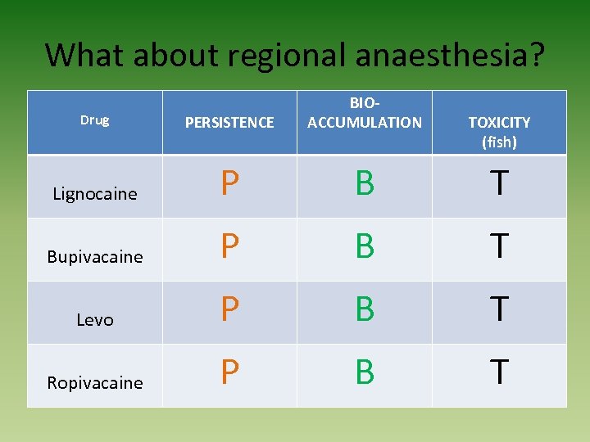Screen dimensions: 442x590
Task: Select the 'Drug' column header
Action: [94, 120]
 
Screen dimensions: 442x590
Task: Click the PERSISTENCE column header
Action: [229, 123]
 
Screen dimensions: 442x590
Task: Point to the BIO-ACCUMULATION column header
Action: [364, 114]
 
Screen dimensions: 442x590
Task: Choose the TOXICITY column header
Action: [499, 122]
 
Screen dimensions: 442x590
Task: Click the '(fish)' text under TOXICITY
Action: [499, 142]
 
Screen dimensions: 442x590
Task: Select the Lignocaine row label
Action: [95, 194]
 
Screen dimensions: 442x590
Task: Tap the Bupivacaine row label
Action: [95, 257]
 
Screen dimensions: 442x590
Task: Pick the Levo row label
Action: [95, 320]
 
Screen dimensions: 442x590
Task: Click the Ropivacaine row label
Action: [95, 383]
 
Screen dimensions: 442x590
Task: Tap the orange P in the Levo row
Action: [229, 310]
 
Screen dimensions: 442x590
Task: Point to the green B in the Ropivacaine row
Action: [365, 373]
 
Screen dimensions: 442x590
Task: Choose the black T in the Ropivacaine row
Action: [499, 373]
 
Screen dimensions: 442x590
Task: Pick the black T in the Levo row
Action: [499, 310]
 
